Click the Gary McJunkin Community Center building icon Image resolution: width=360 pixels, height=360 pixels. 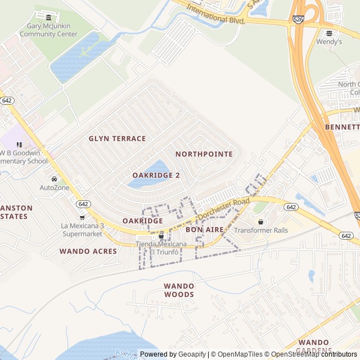pos(48,17)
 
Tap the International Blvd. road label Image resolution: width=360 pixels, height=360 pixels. pos(216,15)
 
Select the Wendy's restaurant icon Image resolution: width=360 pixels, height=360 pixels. pos(329,33)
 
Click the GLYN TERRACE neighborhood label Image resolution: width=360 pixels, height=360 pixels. pos(117,138)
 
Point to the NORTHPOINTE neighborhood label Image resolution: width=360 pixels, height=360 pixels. pos(204,154)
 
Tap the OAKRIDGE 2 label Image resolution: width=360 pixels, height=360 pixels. pos(156,175)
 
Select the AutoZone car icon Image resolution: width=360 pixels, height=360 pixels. pos(54,179)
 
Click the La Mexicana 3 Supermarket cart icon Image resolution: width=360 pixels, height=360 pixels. pos(82,217)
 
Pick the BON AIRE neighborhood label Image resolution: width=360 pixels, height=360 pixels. pos(204,229)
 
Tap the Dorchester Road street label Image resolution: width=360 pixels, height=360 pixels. pos(223,209)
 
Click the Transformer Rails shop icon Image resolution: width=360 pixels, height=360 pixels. pos(260,222)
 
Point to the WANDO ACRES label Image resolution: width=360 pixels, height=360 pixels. pos(88,251)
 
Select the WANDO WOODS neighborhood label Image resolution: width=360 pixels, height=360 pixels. pos(179,290)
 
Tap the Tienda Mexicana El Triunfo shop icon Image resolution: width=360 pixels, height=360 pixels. pos(161,236)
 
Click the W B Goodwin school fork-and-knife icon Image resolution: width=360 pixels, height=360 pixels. pos(20,145)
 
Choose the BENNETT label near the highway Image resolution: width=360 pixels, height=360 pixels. pos(342,127)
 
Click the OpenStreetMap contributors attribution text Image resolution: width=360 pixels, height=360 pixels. pos(316,354)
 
